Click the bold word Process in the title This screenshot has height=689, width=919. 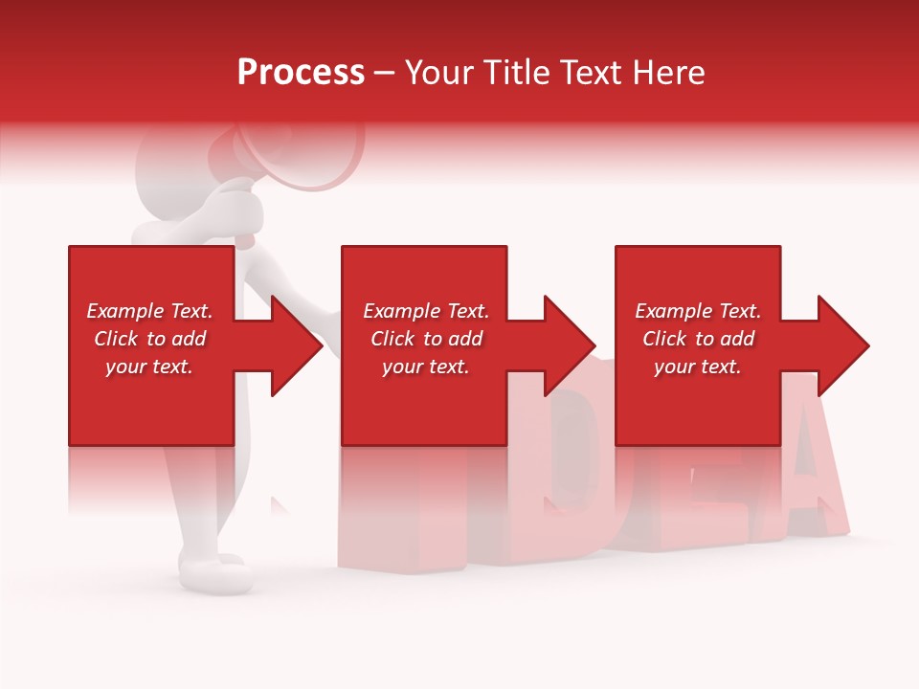click(301, 73)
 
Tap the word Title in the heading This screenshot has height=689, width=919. click(514, 73)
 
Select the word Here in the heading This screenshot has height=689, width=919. click(667, 73)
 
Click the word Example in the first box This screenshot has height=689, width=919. click(125, 311)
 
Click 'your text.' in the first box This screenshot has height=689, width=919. click(149, 367)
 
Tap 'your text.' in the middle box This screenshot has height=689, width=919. click(426, 367)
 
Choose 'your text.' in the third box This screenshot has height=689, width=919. click(698, 367)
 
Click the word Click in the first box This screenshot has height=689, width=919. click(116, 339)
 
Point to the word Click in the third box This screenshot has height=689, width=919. click(664, 339)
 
